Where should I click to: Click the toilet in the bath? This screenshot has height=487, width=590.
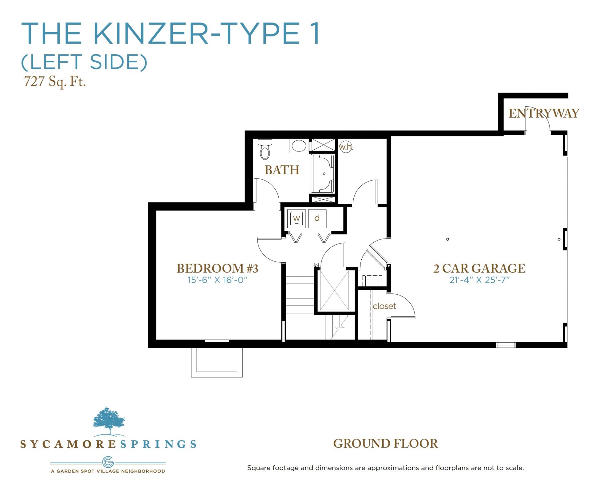pyautogui.click(x=265, y=149)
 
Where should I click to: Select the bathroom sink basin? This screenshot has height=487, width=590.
pyautogui.click(x=299, y=146)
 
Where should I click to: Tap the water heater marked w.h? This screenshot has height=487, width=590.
pyautogui.click(x=345, y=147)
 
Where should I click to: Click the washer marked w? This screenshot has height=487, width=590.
pyautogui.click(x=296, y=219)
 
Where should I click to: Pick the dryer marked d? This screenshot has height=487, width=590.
pyautogui.click(x=317, y=219)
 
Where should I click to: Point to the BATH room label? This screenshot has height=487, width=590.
pyautogui.click(x=282, y=170)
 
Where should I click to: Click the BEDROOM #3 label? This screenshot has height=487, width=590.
pyautogui.click(x=217, y=268)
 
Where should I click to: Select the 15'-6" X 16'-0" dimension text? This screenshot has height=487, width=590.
pyautogui.click(x=217, y=280)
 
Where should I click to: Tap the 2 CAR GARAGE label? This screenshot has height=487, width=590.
pyautogui.click(x=479, y=268)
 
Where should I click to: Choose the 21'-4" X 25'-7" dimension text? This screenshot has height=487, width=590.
pyautogui.click(x=479, y=280)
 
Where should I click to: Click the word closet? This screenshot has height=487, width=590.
pyautogui.click(x=384, y=306)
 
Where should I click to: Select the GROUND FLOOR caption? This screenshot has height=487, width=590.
pyautogui.click(x=386, y=444)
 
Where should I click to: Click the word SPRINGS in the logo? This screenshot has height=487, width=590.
pyautogui.click(x=158, y=444)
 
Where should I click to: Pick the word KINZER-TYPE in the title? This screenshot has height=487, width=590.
pyautogui.click(x=196, y=33)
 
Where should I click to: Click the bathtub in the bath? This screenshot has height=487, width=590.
pyautogui.click(x=323, y=174)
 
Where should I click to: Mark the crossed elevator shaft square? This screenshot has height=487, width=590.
pyautogui.click(x=334, y=291)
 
